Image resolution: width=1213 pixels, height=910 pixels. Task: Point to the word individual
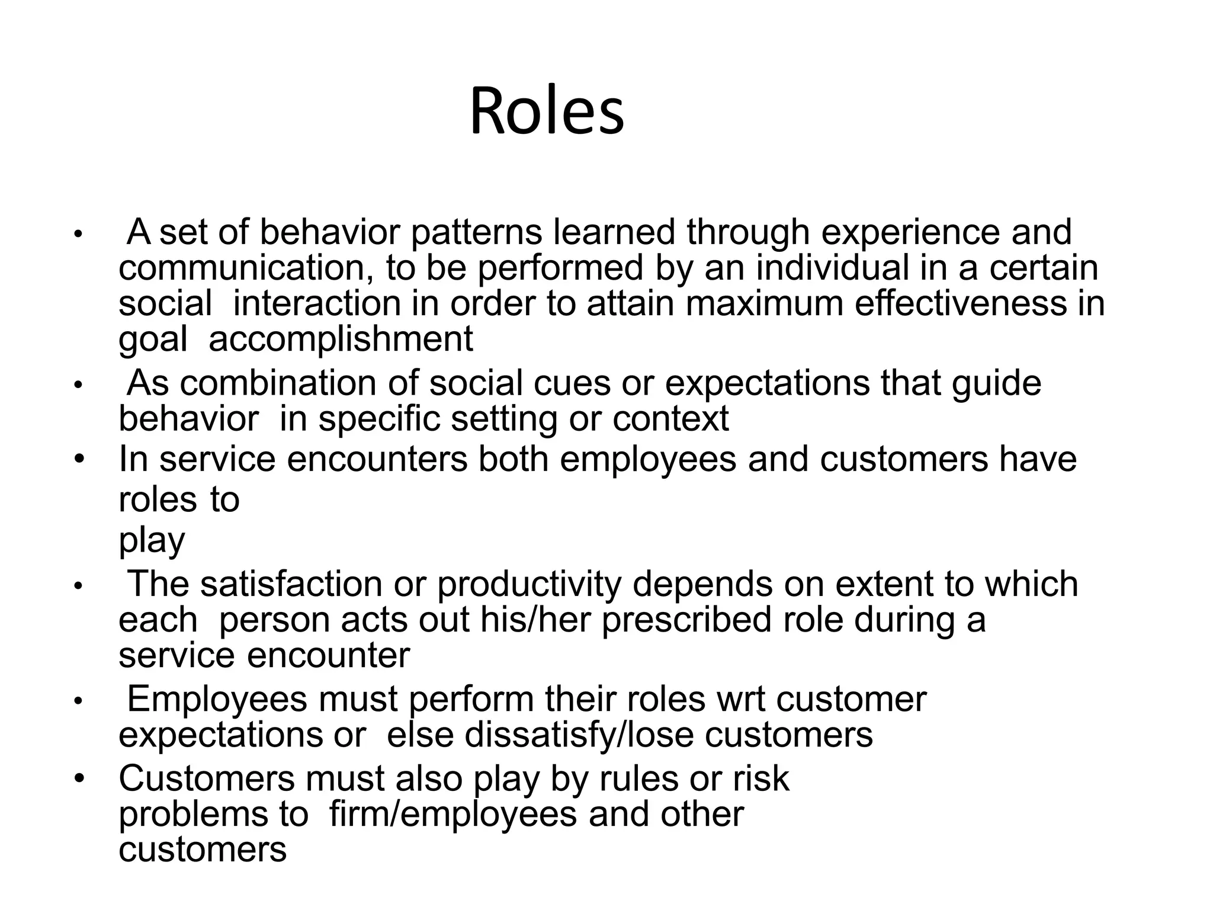pyautogui.click(x=832, y=268)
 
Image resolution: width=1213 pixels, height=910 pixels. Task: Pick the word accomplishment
pyautogui.click(x=341, y=339)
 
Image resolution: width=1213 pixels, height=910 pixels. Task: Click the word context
pyautogui.click(x=670, y=419)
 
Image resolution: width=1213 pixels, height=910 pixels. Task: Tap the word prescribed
pyautogui.click(x=686, y=620)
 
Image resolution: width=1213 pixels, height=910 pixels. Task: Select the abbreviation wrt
pyautogui.click(x=741, y=699)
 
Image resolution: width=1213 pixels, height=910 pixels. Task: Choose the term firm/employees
pyautogui.click(x=453, y=815)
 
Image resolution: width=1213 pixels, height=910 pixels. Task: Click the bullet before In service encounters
pyautogui.click(x=80, y=460)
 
